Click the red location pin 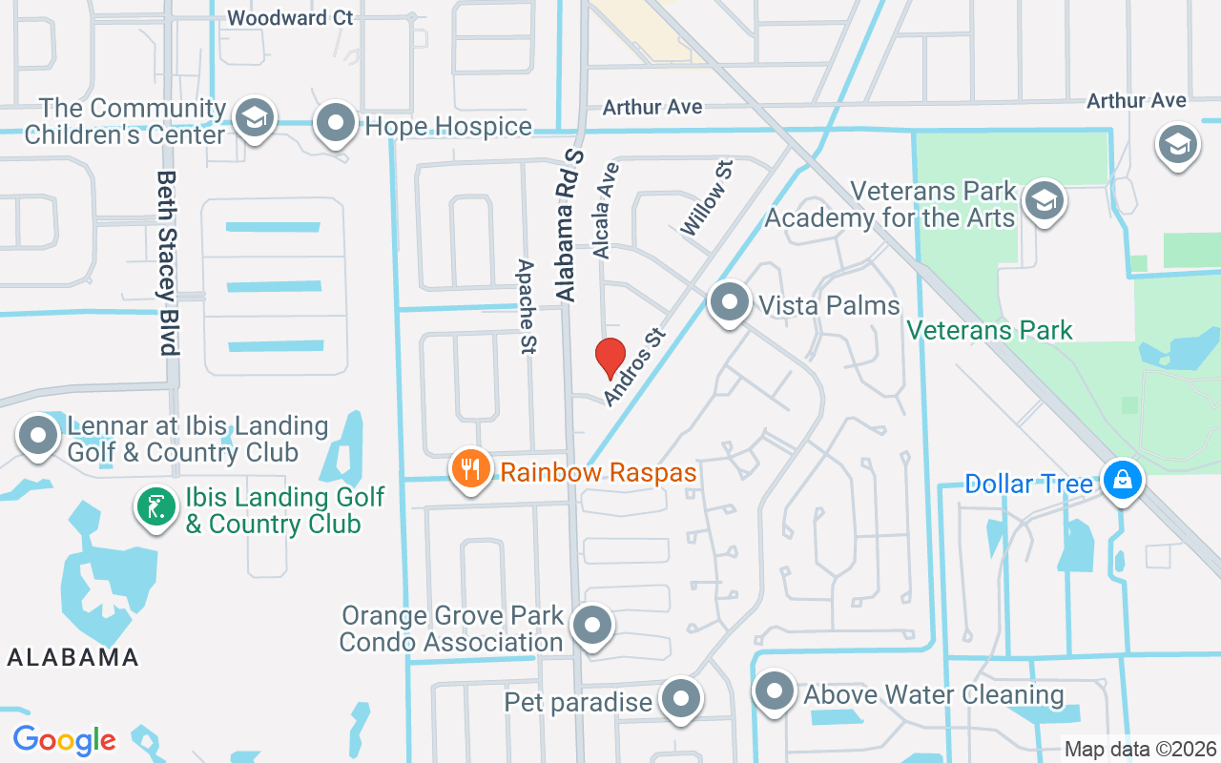click(610, 359)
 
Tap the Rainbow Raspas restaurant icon click(470, 469)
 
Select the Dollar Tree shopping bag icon click(1122, 481)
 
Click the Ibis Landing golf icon click(155, 506)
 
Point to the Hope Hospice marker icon click(336, 123)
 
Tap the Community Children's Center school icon click(255, 119)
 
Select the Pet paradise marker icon click(681, 699)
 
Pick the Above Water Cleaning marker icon click(775, 691)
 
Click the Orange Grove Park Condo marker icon click(591, 626)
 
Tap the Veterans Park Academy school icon click(1045, 201)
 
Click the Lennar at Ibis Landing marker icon click(39, 436)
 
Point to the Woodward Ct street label click(291, 17)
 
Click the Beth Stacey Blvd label click(169, 263)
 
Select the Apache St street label click(526, 306)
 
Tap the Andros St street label click(633, 366)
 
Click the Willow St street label click(707, 198)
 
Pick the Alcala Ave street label click(606, 211)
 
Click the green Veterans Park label click(989, 331)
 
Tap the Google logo click(64, 740)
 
